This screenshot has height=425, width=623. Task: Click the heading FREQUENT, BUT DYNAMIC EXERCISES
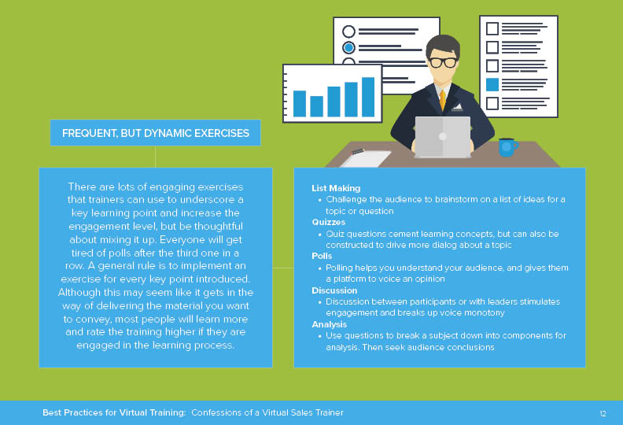(156, 133)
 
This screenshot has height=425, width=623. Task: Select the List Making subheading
(336, 188)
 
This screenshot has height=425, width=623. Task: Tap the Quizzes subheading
(328, 222)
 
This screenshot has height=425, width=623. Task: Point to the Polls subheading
(322, 256)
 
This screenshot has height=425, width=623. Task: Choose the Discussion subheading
(334, 290)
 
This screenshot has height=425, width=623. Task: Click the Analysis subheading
(329, 324)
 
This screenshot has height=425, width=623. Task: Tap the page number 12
(603, 413)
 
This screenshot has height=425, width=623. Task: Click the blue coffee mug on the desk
(508, 147)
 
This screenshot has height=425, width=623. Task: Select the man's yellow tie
(443, 100)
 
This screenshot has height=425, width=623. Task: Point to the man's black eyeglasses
(443, 62)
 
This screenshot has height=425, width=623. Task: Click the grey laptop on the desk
(443, 137)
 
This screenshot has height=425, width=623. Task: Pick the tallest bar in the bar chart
(368, 97)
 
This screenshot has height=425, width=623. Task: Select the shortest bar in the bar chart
(316, 106)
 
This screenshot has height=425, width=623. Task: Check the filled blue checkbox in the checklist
(492, 85)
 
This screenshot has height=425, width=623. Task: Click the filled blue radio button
(348, 48)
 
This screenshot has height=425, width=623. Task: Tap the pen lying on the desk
(358, 151)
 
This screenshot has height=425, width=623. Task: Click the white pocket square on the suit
(457, 106)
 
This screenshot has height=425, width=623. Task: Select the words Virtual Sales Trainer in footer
(303, 412)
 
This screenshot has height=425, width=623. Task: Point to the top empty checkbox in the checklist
(492, 28)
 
